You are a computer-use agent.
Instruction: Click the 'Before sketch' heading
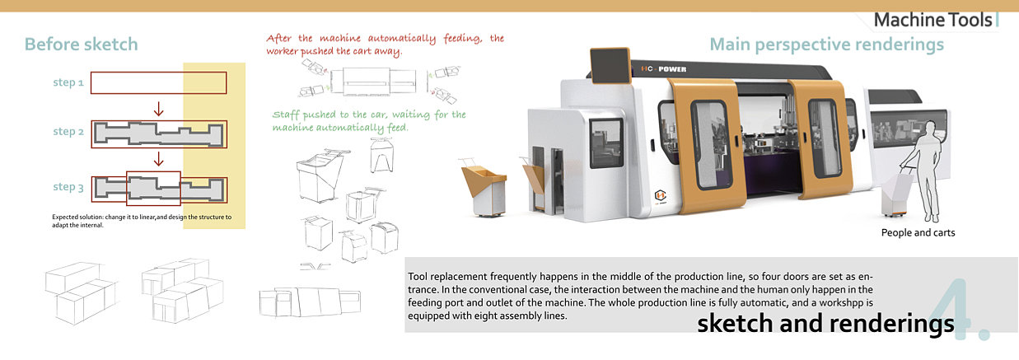click(81, 44)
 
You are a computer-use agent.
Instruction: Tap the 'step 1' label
click(68, 82)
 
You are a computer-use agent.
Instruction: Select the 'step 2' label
click(68, 132)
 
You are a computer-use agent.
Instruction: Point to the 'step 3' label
click(68, 187)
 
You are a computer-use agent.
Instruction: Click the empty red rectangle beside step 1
click(158, 83)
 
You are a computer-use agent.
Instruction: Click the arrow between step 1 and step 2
click(159, 108)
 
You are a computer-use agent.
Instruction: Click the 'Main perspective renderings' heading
click(826, 44)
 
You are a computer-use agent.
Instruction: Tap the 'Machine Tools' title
click(933, 20)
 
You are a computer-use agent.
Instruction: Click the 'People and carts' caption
click(918, 233)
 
